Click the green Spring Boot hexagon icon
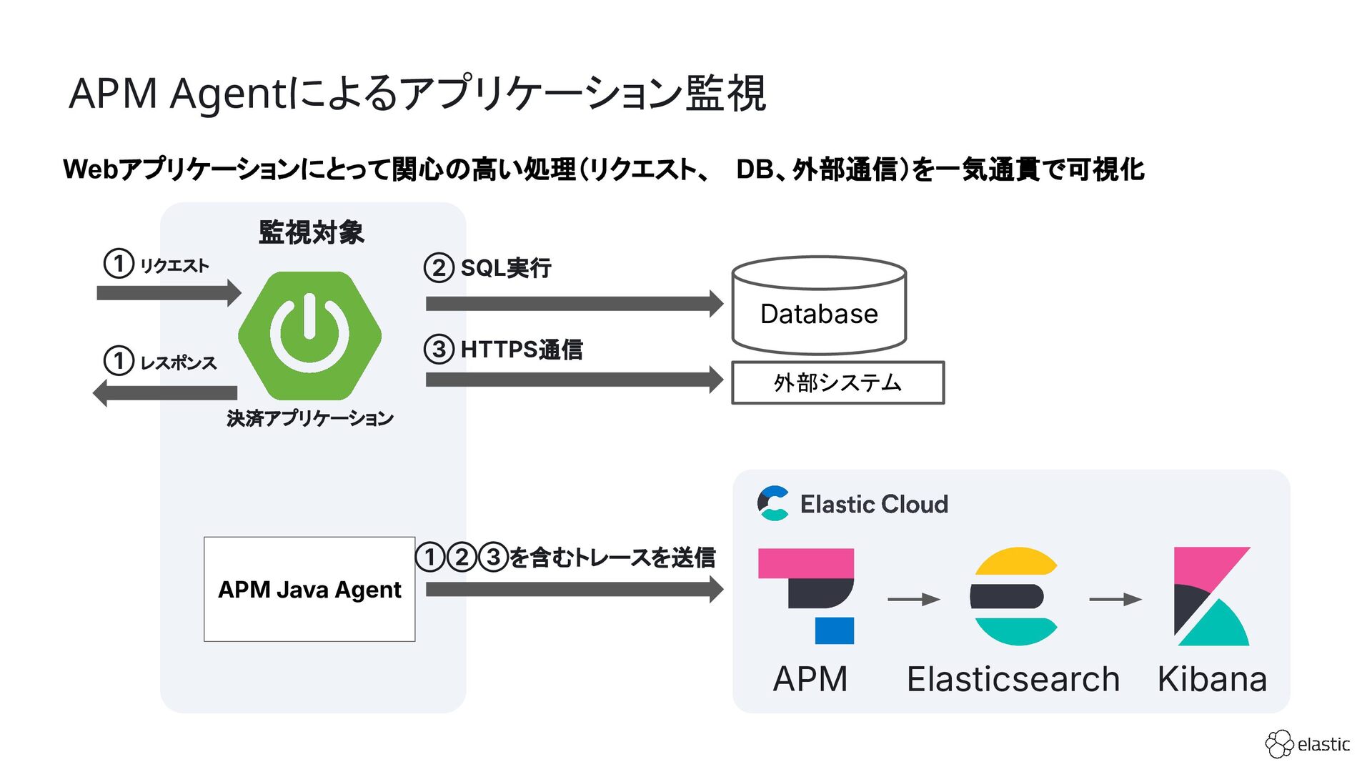tap(309, 335)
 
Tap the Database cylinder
tap(819, 306)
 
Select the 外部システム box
tap(837, 383)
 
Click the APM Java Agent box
tap(309, 589)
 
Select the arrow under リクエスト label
tap(169, 293)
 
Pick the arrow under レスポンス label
tap(165, 393)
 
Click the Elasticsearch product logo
tap(1013, 596)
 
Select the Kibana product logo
tap(1211, 596)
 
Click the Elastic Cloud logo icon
tap(773, 503)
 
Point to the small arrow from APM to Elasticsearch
tap(913, 599)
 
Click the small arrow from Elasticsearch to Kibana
tap(1115, 599)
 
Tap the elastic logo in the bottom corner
tap(1307, 744)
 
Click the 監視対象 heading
tap(312, 232)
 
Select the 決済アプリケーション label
tap(310, 418)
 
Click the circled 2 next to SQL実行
tap(439, 268)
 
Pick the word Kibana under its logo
tap(1212, 679)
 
